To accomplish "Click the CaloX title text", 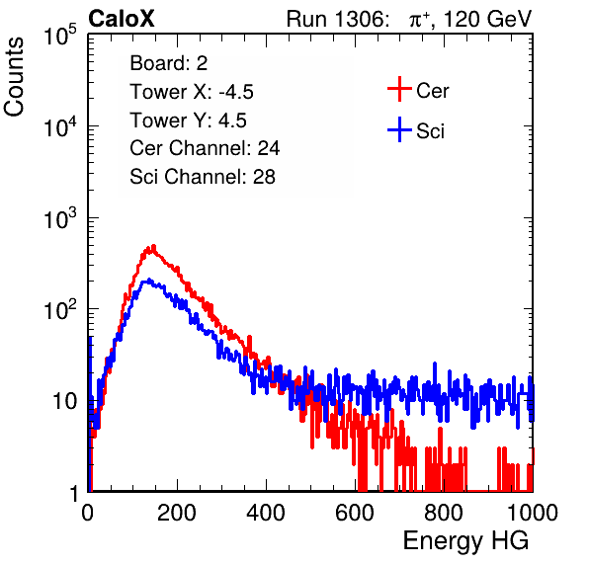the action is [122, 19].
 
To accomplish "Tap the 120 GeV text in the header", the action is [487, 19].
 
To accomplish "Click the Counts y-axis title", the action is [14, 77].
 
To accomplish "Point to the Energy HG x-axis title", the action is [465, 541].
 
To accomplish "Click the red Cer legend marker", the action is [399, 89].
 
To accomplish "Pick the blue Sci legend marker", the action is [399, 129].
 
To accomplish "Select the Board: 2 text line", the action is [169, 63].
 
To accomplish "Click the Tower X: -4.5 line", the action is [192, 92].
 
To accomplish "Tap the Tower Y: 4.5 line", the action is [188, 121].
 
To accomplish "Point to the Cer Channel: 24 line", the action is [205, 148].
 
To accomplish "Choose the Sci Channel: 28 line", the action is [203, 177].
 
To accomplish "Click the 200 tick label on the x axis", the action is [177, 513].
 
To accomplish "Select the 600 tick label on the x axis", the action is [355, 513].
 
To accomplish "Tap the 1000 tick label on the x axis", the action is [533, 513].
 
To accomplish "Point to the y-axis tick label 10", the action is [64, 401].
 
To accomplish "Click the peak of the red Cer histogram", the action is [153, 246].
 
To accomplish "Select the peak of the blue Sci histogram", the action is [149, 280].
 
